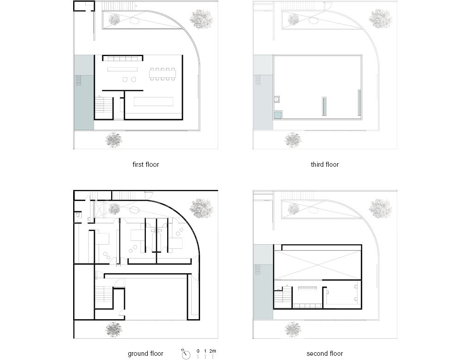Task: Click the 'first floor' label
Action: [146, 164]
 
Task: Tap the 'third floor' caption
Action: [325, 164]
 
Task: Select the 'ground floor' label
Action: [146, 354]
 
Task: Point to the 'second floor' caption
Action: [325, 354]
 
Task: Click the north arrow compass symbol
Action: [186, 354]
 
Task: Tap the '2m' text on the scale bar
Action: [213, 351]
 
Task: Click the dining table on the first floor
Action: [163, 74]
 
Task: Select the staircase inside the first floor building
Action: [104, 104]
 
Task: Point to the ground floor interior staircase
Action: [104, 294]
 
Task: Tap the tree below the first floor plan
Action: [114, 139]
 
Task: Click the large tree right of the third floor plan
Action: [380, 19]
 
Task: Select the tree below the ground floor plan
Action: [114, 329]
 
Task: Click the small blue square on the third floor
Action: [277, 115]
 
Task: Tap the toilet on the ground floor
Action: [78, 215]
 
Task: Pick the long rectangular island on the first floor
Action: [153, 101]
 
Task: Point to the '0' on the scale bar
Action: [198, 351]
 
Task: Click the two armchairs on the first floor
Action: [130, 79]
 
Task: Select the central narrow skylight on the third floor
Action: [324, 106]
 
